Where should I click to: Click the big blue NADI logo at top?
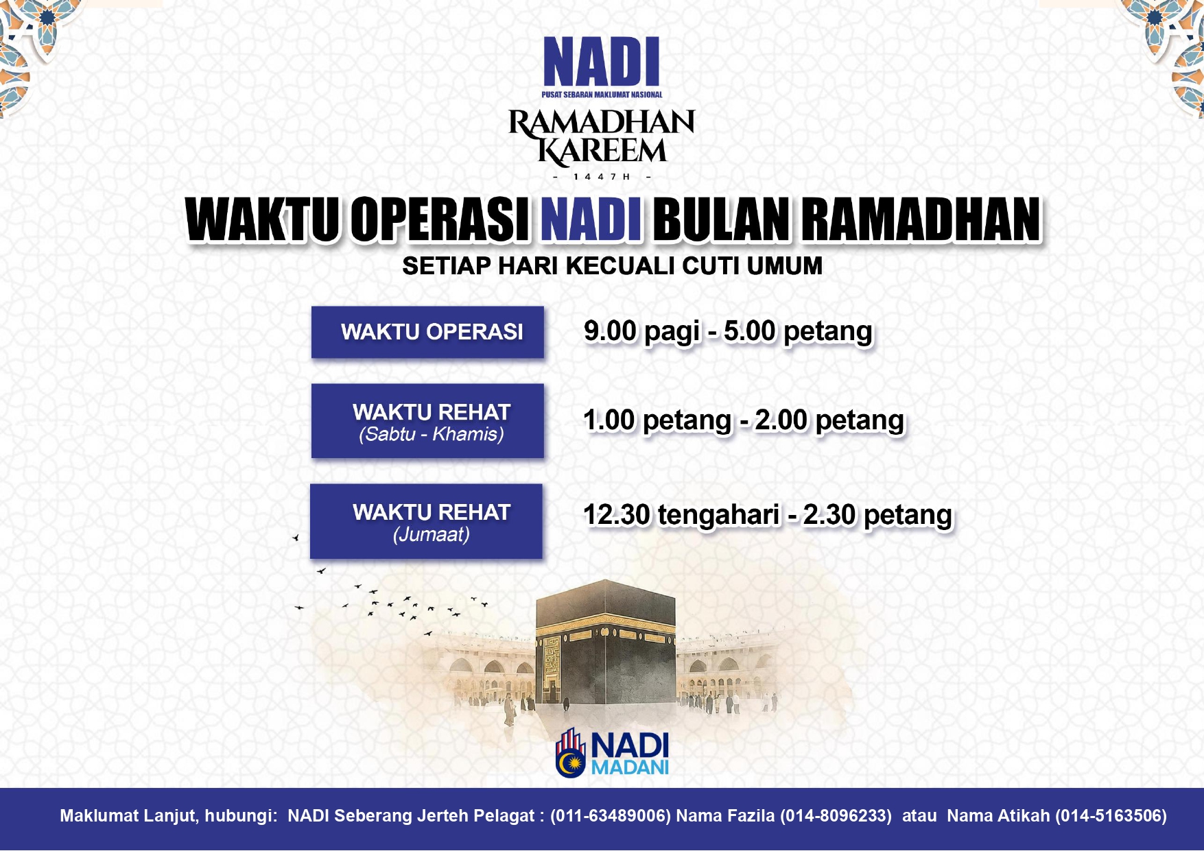pos(602,67)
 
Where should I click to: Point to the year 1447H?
pos(602,177)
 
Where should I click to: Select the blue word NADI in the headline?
pos(591,219)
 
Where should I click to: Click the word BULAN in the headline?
pos(721,219)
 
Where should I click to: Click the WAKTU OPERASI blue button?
pos(427,332)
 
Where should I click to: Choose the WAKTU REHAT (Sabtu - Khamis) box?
pos(427,420)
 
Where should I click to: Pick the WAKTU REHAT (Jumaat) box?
pos(426,521)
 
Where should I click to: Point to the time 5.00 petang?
pos(798,331)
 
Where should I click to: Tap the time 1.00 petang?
pos(657,420)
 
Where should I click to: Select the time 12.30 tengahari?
pos(682,515)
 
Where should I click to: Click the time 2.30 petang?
pos(877,515)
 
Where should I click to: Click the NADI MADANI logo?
pos(612,753)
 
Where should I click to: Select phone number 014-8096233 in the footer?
pos(836,816)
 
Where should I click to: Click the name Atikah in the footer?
pos(1023,816)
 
